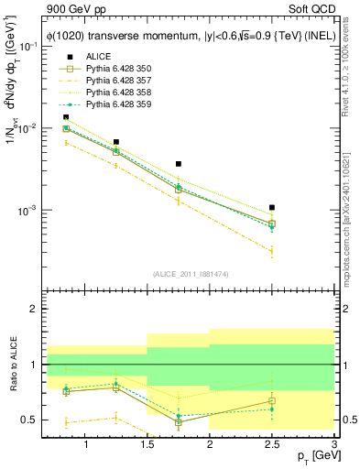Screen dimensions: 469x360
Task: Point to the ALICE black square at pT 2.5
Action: coord(272,208)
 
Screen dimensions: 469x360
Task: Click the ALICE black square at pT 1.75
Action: coord(179,164)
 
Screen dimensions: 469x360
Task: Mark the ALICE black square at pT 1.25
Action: coord(116,143)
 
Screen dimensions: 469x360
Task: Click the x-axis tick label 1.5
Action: coord(147,444)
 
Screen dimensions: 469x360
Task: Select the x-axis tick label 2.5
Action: coord(272,444)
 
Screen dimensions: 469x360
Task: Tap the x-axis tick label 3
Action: coord(333,444)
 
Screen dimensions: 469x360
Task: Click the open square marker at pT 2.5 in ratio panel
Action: coord(272,400)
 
